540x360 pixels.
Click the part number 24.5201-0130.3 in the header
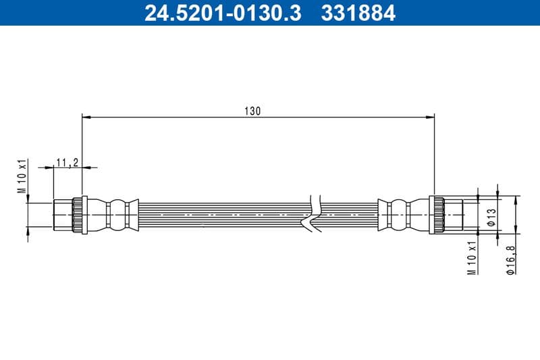tap(223, 13)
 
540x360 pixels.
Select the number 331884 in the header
tap(356, 13)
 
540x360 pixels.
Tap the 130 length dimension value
tap(252, 110)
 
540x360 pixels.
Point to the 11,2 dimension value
tap(67, 162)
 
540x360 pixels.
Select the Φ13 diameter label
tap(491, 215)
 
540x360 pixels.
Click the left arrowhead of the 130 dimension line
tap(86, 117)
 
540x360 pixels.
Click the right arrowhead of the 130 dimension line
tap(431, 117)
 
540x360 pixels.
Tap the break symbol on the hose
tap(313, 215)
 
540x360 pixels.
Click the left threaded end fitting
tap(63, 215)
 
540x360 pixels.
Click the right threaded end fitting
tap(453, 215)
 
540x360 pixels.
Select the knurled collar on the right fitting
tap(436, 215)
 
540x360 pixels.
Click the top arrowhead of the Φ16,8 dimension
tap(517, 199)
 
